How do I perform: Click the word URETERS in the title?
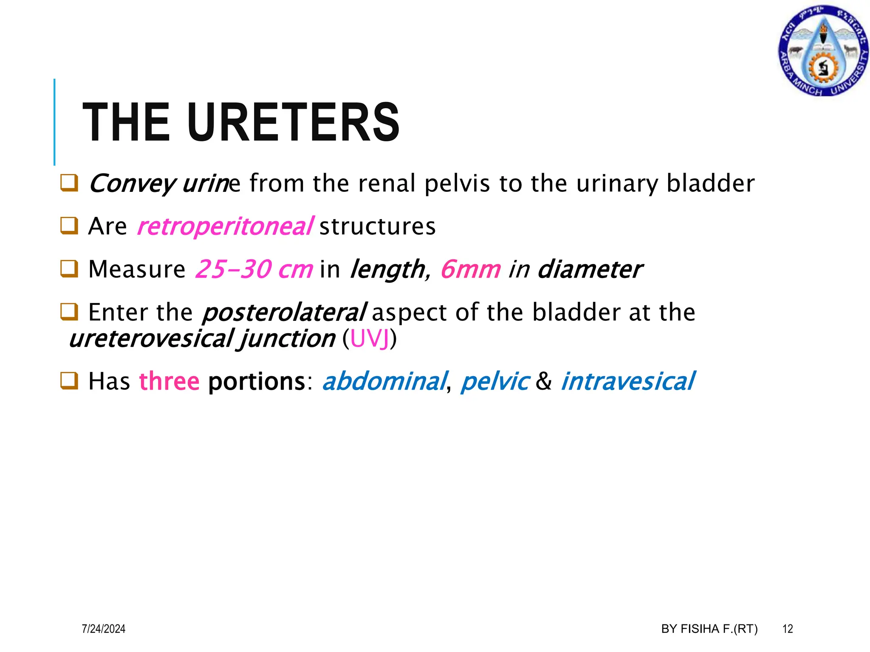click(293, 123)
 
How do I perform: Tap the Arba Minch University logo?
click(823, 51)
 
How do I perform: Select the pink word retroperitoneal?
click(226, 226)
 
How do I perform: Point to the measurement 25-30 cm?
click(254, 269)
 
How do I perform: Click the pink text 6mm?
click(471, 269)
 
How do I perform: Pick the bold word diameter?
click(590, 269)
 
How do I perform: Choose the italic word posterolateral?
click(284, 312)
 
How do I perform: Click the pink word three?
click(169, 381)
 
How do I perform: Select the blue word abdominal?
click(385, 381)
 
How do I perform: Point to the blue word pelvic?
click(495, 381)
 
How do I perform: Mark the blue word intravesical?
click(628, 381)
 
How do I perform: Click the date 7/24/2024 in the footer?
click(104, 629)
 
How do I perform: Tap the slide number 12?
click(788, 629)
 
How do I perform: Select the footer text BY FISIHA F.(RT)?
click(709, 629)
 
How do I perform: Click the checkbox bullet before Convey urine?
click(69, 183)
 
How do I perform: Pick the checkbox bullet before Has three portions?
click(69, 380)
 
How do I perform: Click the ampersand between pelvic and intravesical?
click(544, 381)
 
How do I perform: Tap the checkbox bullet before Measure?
click(69, 269)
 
